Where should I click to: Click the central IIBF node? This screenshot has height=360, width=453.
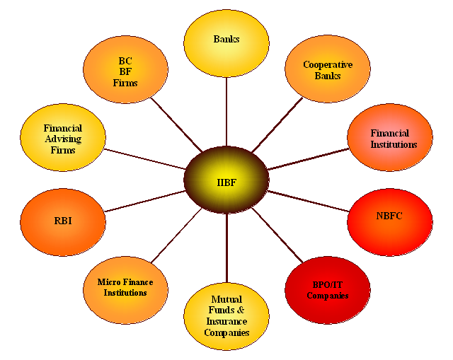coord(226,180)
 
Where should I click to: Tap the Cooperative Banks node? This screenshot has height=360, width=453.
coord(327,69)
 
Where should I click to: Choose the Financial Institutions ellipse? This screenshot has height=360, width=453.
coord(389,138)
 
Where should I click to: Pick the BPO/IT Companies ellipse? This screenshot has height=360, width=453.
coord(327,290)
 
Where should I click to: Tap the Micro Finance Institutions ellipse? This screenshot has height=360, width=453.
coord(125,287)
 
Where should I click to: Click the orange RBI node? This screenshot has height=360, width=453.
coord(63,221)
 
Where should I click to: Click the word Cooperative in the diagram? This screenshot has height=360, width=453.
coord(328,64)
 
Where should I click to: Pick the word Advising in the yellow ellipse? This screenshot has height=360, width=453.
coord(63,139)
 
